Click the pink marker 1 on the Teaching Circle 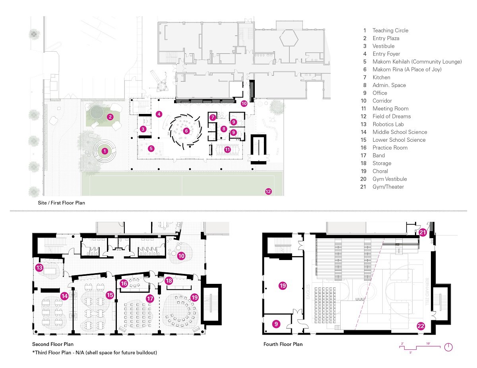(104, 151)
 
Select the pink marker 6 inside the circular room (186, 131)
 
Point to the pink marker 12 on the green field (268, 192)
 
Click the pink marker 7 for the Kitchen (213, 117)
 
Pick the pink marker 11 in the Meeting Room (227, 150)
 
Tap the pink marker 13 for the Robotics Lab (39, 267)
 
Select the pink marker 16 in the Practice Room (124, 283)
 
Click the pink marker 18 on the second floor (169, 280)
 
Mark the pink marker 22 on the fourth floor (421, 326)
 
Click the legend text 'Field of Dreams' (391, 116)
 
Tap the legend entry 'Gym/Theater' (388, 187)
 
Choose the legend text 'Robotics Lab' (388, 124)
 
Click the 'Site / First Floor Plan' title (58, 203)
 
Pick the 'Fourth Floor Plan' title (283, 344)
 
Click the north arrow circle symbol (448, 347)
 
